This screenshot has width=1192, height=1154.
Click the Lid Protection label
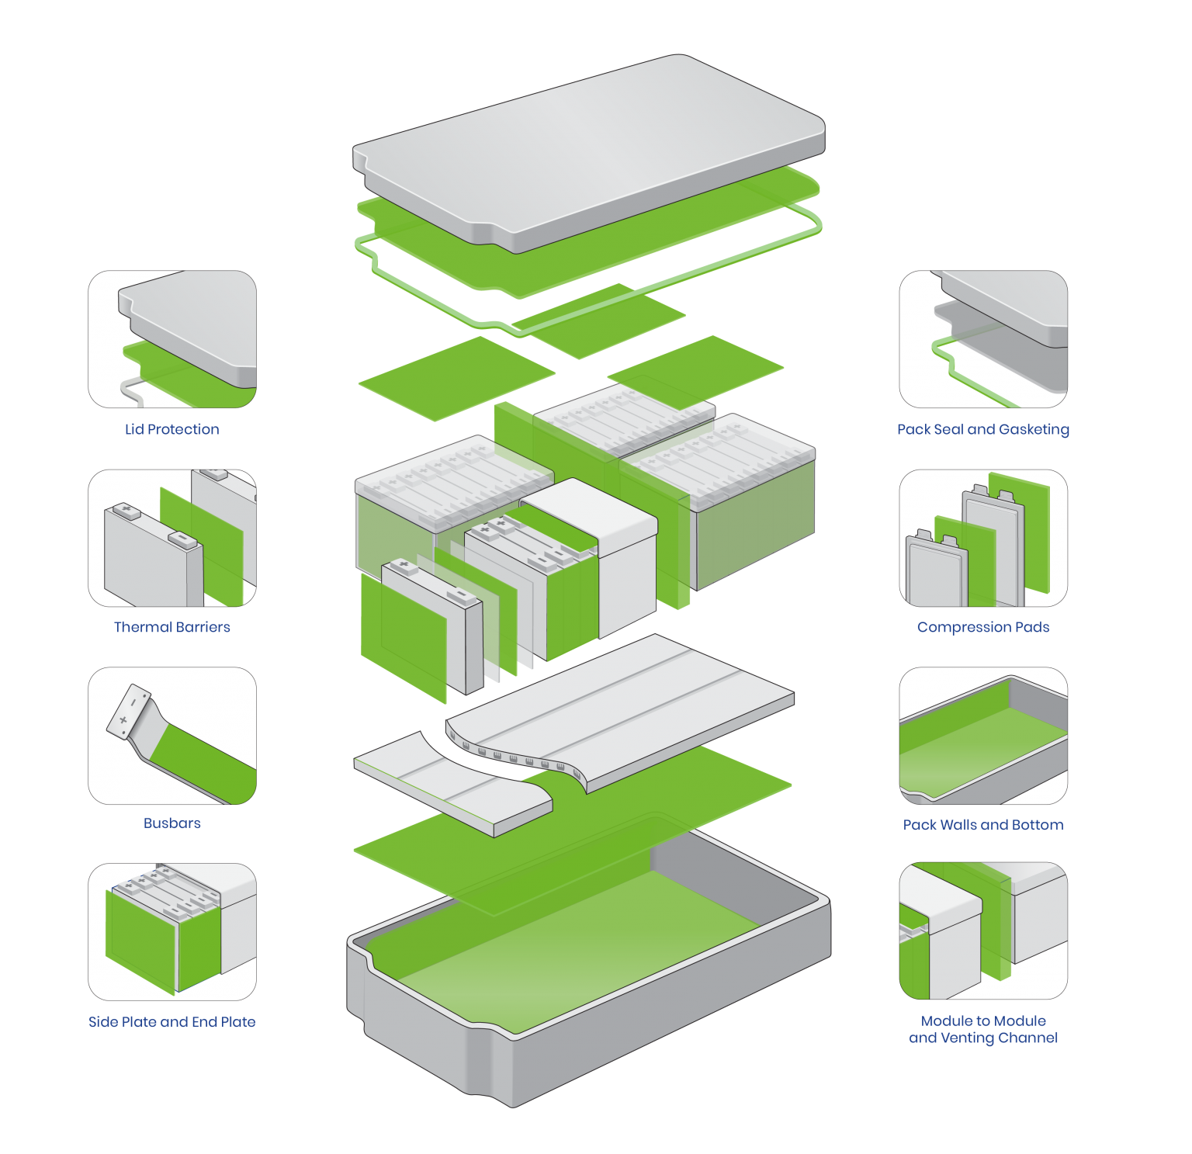point(172,429)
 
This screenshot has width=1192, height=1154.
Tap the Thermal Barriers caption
point(172,627)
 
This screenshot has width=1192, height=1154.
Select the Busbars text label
point(172,823)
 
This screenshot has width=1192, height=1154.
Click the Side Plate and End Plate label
point(172,1022)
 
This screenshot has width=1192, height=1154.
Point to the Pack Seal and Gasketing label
point(983,429)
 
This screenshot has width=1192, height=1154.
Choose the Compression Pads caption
point(983,627)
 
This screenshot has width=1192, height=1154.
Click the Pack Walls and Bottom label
point(983,825)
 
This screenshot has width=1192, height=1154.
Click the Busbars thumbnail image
point(172,736)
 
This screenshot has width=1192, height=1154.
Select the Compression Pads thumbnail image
point(983,538)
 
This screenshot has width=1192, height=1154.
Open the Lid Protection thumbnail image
point(172,339)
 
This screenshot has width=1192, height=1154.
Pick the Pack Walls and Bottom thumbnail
point(983,736)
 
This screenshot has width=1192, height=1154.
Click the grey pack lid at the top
point(590,147)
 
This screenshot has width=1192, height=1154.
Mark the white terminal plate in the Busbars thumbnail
point(129,709)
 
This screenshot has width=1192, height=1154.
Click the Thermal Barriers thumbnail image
point(172,538)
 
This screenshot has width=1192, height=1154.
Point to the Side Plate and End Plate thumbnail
point(172,931)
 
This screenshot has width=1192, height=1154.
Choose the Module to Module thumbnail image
point(983,931)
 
